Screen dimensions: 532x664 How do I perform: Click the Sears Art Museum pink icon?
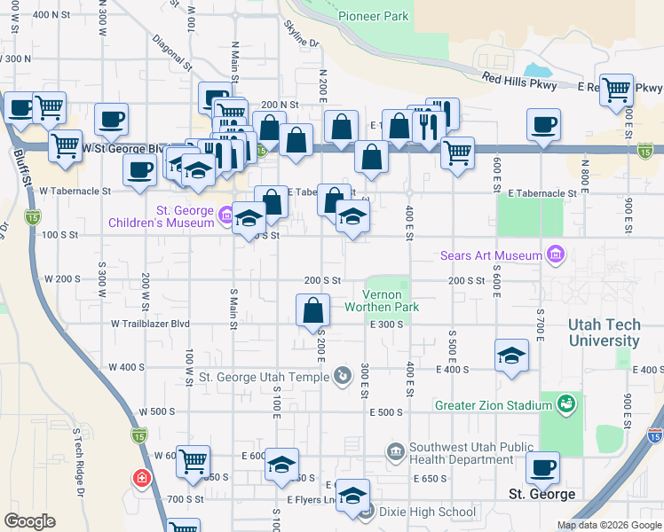coord(557,256)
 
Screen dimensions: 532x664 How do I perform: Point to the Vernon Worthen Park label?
coord(391,301)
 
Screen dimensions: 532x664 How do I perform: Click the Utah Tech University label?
coord(604,333)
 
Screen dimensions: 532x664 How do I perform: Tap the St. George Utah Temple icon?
coord(343,377)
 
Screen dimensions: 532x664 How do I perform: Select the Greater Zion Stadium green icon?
coord(565,405)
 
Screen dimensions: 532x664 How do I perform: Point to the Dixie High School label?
coord(427,512)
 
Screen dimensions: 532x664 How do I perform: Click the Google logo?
coord(29,521)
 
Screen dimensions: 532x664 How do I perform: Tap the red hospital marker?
coord(141,480)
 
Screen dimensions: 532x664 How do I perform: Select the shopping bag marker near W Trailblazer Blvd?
coord(312,311)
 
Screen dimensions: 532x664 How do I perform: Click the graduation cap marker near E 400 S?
coord(511,356)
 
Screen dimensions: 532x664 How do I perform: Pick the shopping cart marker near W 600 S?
coord(193,462)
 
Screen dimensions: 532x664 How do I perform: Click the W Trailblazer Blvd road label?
coord(151,325)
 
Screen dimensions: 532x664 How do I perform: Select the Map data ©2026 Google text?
coord(609,525)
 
